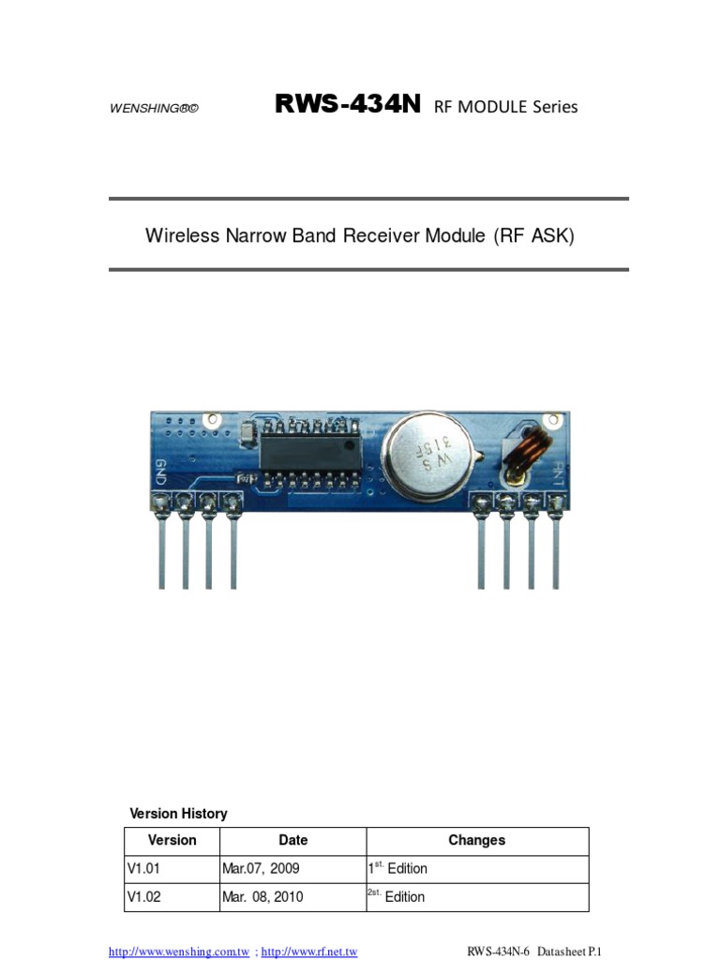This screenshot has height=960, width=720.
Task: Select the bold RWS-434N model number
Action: click(x=348, y=105)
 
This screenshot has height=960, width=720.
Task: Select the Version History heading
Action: click(x=178, y=814)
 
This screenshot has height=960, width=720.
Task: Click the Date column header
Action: click(x=292, y=840)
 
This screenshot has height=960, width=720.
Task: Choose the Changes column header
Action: click(x=476, y=840)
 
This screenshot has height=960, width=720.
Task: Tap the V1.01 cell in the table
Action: click(x=144, y=868)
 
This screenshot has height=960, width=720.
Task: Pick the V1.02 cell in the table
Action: click(x=144, y=896)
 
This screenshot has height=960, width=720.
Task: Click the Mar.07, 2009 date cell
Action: click(x=261, y=868)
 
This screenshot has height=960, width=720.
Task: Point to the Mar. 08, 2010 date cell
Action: click(x=262, y=896)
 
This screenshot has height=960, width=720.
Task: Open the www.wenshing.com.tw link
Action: click(x=179, y=952)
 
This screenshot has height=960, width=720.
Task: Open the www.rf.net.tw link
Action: click(x=309, y=952)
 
